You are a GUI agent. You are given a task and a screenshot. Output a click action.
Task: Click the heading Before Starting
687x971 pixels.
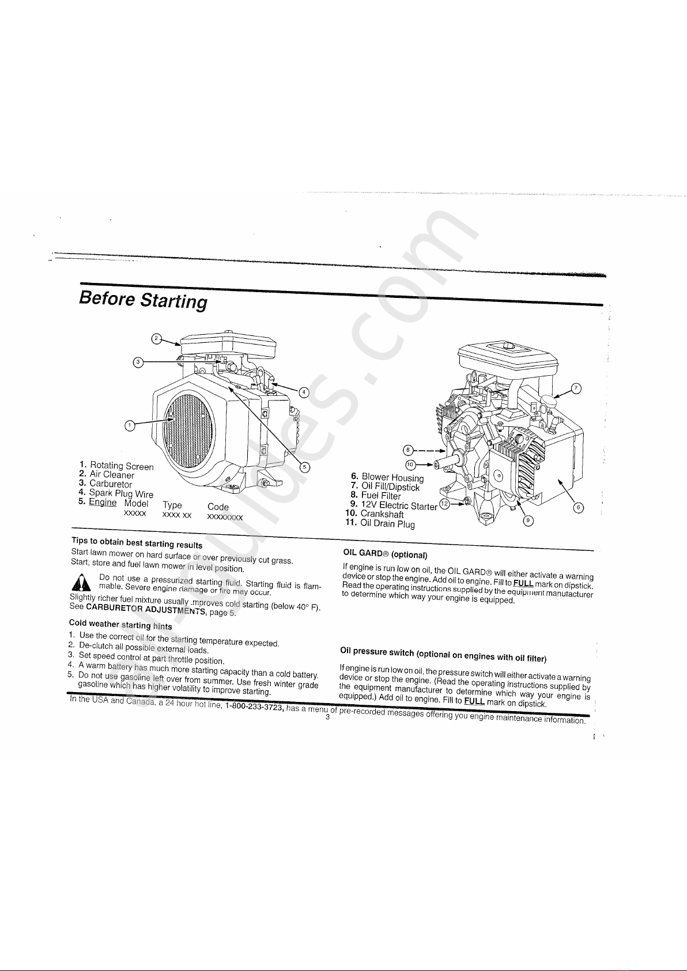[142, 300]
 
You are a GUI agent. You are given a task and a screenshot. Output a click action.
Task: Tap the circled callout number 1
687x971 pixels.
[130, 425]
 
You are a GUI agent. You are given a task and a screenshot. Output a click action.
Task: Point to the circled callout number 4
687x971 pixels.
[304, 392]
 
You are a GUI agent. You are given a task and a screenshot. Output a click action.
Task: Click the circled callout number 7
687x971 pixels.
[575, 388]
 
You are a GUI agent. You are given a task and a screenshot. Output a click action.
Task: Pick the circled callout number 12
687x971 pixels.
[444, 505]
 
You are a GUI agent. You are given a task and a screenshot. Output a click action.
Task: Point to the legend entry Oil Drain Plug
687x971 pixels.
[387, 524]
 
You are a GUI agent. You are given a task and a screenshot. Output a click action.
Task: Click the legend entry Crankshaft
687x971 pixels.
[382, 514]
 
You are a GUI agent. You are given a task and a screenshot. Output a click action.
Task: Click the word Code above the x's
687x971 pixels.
[218, 507]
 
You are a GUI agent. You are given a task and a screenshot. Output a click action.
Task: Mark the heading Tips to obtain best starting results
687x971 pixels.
[137, 542]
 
